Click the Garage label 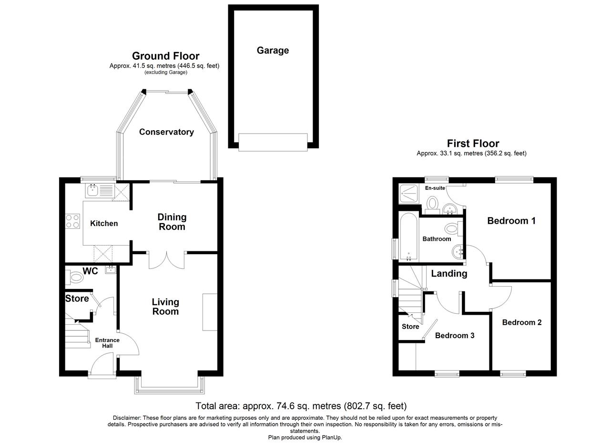pos(273,51)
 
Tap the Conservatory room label pos(166,132)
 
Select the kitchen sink pos(100,190)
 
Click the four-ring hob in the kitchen pos(73,221)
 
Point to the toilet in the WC pos(74,278)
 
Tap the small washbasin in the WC pos(111,270)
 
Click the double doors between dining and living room pos(167,260)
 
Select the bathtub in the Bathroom pos(409,237)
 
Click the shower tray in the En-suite pos(408,194)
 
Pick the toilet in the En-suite pos(432,206)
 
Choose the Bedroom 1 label pos(511,221)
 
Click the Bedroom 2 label pos(522,322)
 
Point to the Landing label pos(449,274)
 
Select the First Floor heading pos(473,144)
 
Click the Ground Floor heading pos(165,56)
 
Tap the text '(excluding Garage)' pos(166,72)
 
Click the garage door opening pos(273,142)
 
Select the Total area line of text pos(301,406)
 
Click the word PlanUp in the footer pos(332,437)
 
